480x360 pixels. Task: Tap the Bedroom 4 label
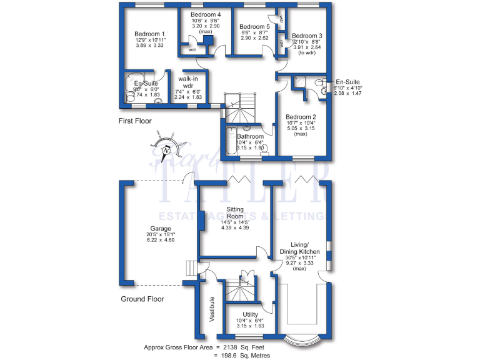click(206, 14)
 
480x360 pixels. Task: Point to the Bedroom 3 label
click(307, 36)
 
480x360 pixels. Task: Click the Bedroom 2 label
click(301, 117)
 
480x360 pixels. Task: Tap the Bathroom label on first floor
click(250, 136)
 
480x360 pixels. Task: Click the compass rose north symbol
click(166, 150)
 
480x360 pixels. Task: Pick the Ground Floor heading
click(142, 299)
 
